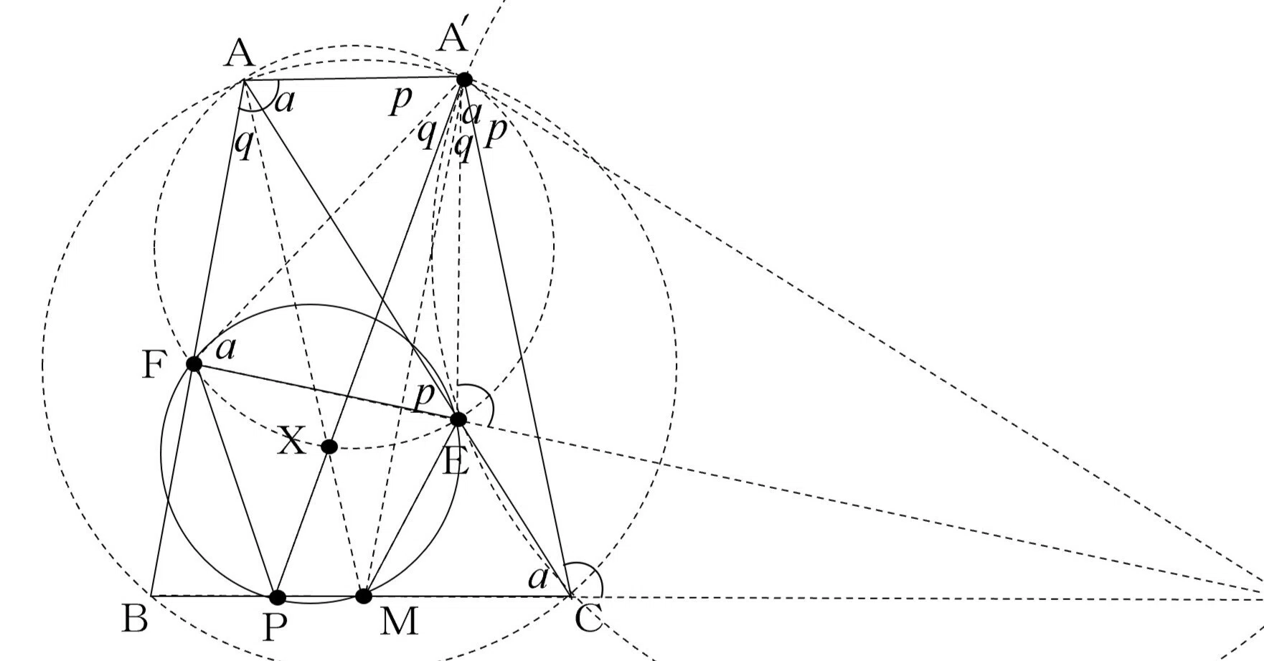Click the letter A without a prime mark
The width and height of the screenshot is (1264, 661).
tap(239, 54)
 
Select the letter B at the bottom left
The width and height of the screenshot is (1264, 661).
tap(135, 618)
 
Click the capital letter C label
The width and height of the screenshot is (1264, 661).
tap(588, 618)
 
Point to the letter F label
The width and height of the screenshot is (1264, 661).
tap(153, 365)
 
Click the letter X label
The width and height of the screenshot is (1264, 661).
tap(291, 442)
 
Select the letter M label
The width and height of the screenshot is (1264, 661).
tap(399, 621)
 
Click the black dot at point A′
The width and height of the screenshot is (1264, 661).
tap(465, 79)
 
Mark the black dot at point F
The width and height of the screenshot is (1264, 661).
tap(194, 363)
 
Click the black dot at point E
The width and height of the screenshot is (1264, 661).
tap(458, 419)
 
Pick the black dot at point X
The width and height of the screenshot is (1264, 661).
tap(329, 447)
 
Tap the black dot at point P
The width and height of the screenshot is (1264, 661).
tap(278, 597)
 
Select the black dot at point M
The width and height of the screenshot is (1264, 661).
tap(364, 596)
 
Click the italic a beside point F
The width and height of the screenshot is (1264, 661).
tap(226, 349)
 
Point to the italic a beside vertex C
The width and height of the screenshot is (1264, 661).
tap(538, 578)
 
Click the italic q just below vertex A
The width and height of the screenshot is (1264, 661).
tap(244, 145)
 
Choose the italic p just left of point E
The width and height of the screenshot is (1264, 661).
tap(424, 395)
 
